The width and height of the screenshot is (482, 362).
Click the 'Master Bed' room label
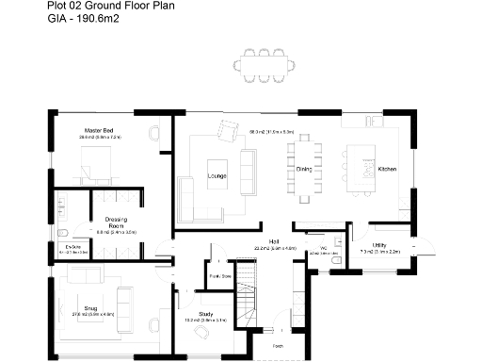point(99,129)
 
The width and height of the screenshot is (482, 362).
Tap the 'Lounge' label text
point(217,175)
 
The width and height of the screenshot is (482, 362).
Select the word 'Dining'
point(304,170)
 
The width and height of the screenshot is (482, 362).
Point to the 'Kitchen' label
point(387,170)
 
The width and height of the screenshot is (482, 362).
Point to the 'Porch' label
point(278,345)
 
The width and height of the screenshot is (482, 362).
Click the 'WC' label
point(323,248)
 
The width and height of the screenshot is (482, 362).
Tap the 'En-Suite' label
point(71,247)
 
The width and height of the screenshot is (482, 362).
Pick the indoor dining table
point(304,170)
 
